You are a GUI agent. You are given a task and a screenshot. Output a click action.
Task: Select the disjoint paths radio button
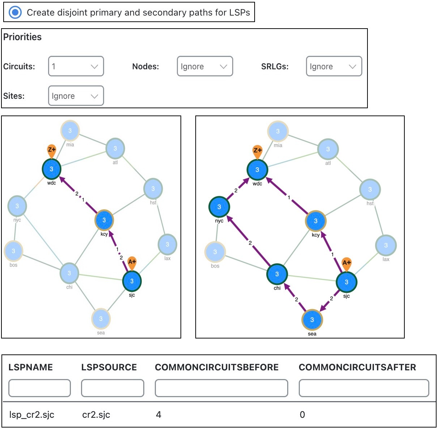pyautogui.click(x=15, y=12)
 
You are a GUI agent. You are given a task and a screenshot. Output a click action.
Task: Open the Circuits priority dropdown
pyautogui.click(x=76, y=66)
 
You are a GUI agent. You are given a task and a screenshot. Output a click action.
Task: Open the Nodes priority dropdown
pyautogui.click(x=205, y=66)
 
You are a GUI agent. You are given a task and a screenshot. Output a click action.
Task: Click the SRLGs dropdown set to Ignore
pyautogui.click(x=334, y=66)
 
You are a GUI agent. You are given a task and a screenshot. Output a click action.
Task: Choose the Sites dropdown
pyautogui.click(x=76, y=96)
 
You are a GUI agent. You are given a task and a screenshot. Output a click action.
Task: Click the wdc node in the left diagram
pyautogui.click(x=51, y=169)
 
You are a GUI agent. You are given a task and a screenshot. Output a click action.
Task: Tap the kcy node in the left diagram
pyautogui.click(x=104, y=220)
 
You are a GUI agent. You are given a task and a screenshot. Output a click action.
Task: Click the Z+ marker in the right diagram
pyautogui.click(x=257, y=151)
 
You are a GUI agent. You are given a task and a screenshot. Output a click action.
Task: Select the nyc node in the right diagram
pyautogui.click(x=219, y=207)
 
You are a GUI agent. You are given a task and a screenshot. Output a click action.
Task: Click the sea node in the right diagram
pyautogui.click(x=312, y=320)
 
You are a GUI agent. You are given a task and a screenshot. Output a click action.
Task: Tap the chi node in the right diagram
pyautogui.click(x=277, y=274)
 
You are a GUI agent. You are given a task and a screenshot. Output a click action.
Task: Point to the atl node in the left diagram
pyautogui.click(x=115, y=148)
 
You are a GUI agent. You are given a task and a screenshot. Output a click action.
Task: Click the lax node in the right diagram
pyautogui.click(x=386, y=245)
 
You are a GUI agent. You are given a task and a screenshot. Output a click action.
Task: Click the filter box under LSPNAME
pyautogui.click(x=39, y=388)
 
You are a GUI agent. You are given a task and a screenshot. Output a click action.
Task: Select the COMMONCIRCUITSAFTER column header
pyautogui.click(x=357, y=367)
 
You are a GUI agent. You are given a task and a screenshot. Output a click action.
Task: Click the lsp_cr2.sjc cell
pyautogui.click(x=32, y=415)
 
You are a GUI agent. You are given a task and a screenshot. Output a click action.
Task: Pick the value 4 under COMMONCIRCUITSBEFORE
pyautogui.click(x=158, y=415)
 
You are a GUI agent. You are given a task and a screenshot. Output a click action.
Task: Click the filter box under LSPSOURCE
pyautogui.click(x=112, y=388)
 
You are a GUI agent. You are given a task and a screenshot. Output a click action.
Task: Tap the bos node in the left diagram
pyautogui.click(x=13, y=251)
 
